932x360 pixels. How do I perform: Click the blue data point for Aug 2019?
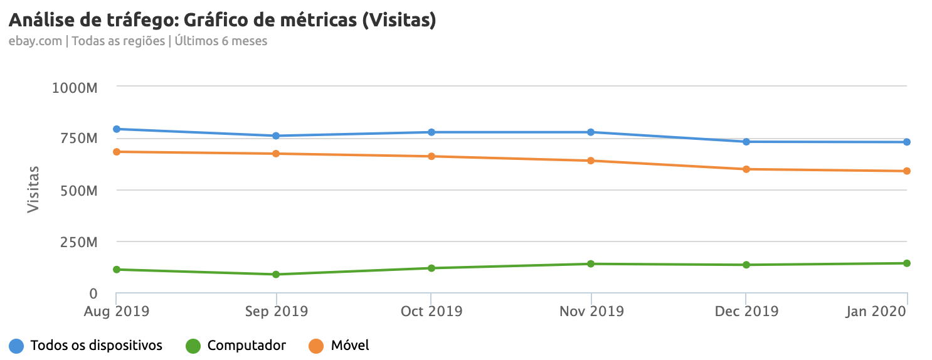tap(117, 129)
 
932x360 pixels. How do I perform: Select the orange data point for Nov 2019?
tap(591, 161)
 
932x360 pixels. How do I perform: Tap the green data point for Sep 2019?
tap(275, 275)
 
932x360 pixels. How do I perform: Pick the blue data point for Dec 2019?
tap(746, 142)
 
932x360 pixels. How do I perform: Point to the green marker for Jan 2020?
tap(907, 263)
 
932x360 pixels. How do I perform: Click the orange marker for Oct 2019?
tap(432, 156)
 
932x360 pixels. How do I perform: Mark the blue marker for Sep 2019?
tap(275, 136)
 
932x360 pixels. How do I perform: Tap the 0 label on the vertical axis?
tap(93, 294)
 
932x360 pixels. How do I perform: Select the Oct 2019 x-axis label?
tap(432, 311)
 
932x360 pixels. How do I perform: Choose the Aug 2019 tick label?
tap(117, 311)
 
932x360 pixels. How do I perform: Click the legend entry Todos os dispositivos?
tap(96, 346)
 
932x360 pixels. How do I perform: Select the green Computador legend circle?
tap(194, 346)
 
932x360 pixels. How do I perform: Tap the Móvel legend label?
tap(349, 346)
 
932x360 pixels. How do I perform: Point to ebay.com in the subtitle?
tap(35, 41)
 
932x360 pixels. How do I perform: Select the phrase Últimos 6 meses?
tap(221, 41)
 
